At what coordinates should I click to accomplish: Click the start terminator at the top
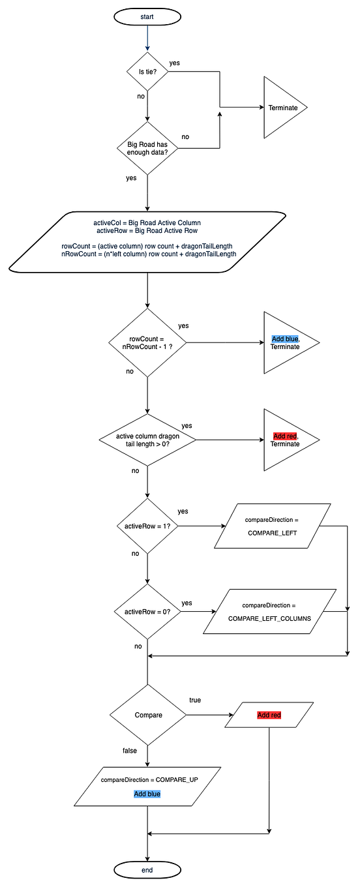[x=147, y=17]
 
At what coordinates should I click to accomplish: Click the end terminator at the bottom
[x=147, y=870]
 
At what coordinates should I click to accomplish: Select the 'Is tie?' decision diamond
[x=148, y=72]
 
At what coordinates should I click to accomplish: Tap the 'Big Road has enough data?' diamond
[x=147, y=148]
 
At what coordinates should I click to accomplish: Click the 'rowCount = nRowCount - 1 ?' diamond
[x=147, y=342]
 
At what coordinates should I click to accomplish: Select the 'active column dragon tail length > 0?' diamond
[x=147, y=440]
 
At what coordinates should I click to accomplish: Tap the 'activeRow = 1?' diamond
[x=147, y=526]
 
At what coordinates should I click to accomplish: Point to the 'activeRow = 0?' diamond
[x=147, y=611]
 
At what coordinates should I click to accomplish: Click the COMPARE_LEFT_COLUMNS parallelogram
[x=270, y=611]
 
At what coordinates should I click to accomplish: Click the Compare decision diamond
[x=148, y=715]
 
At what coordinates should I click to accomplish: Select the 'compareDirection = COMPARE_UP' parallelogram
[x=147, y=787]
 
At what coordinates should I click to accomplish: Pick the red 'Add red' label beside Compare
[x=269, y=715]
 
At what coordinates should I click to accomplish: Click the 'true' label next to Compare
[x=195, y=700]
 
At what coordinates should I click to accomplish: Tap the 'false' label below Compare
[x=130, y=751]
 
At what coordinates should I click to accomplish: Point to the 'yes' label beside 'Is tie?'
[x=174, y=63]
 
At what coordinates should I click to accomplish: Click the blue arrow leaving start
[x=148, y=38]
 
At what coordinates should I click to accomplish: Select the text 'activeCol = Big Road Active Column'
[x=147, y=223]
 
